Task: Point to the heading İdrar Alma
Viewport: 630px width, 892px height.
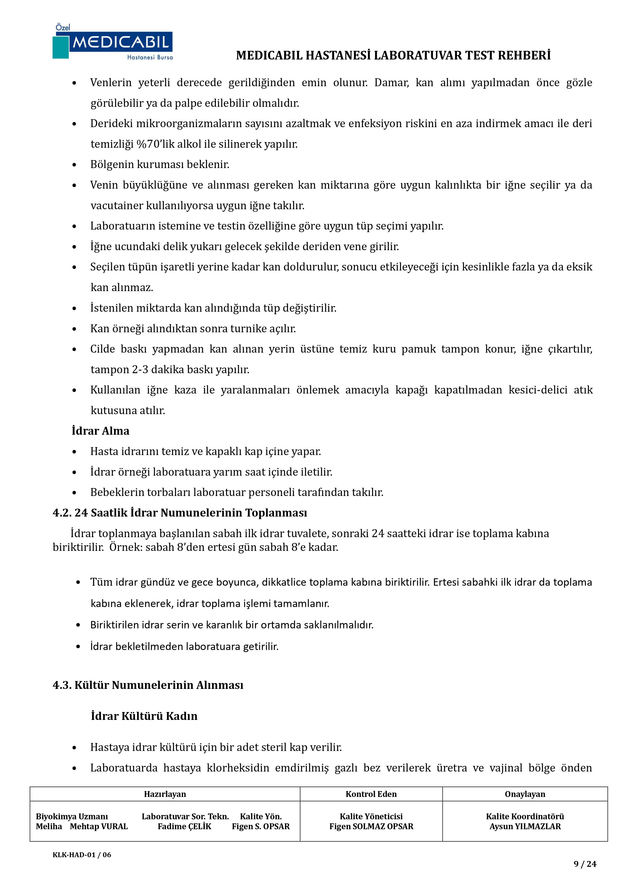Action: pos(101,431)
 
